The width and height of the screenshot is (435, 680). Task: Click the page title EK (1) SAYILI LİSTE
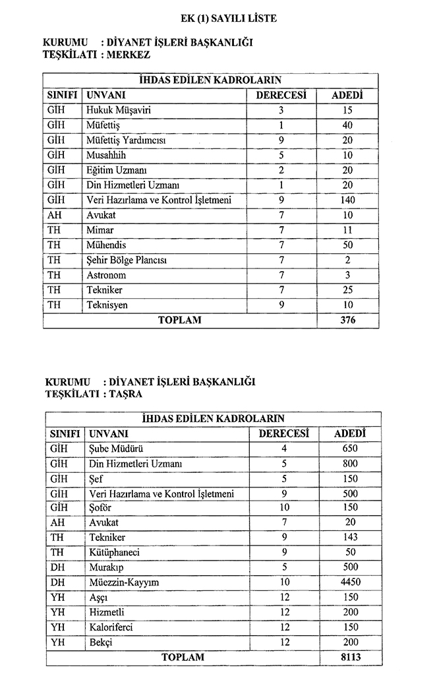(228, 18)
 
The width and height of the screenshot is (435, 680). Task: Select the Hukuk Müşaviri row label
(118, 110)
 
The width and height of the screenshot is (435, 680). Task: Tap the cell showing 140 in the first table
(347, 200)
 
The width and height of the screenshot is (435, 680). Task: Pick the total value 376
(347, 320)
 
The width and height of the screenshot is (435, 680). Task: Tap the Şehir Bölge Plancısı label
(126, 260)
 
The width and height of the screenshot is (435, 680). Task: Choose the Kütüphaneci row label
(114, 552)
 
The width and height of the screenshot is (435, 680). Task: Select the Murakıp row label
(106, 567)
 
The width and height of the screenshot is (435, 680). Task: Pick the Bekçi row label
(100, 642)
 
